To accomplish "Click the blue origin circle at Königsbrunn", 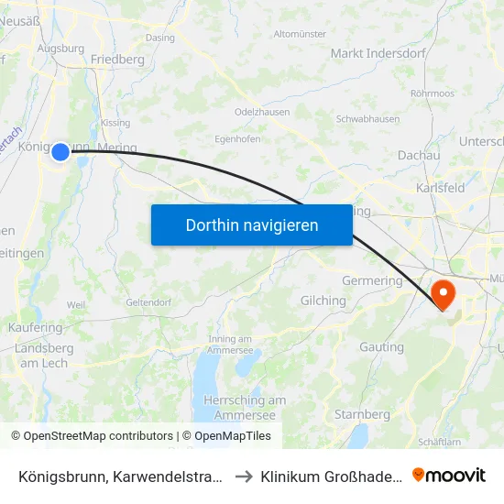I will click(60, 151).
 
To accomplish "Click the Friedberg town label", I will click(118, 60).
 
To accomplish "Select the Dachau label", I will click(419, 156).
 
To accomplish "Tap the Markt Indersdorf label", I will click(378, 53).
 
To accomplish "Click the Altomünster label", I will click(300, 34).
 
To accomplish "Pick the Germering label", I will click(372, 280).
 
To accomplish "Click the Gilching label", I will click(323, 301).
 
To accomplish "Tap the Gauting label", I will click(381, 347).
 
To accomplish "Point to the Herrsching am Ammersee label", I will click(245, 407).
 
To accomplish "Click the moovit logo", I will click(449, 475).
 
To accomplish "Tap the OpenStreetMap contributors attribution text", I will click(98, 436).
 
